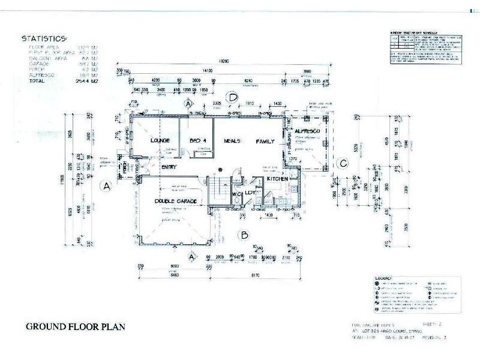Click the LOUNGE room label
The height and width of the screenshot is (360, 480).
click(x=160, y=140)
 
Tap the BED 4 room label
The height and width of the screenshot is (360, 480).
click(x=198, y=140)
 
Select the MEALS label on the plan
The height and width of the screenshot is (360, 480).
click(x=232, y=141)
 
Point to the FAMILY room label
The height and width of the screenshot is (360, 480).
click(x=265, y=141)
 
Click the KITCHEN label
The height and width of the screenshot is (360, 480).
click(x=278, y=179)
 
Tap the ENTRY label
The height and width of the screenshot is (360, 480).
click(x=169, y=167)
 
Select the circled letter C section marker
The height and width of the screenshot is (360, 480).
click(x=343, y=162)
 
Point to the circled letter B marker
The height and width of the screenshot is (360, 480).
click(x=244, y=235)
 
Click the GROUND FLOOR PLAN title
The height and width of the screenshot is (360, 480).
click(x=75, y=328)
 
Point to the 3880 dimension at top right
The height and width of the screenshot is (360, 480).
click(x=308, y=70)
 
